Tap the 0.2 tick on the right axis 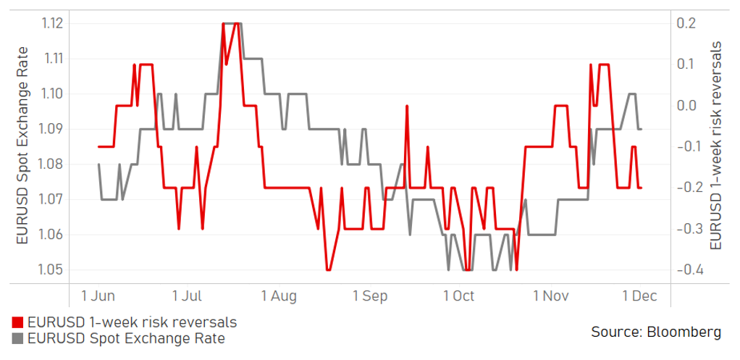(687, 24)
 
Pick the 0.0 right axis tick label (687, 106)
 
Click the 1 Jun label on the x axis (98, 296)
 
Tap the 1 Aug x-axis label (279, 296)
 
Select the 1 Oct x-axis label (458, 296)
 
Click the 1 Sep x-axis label (369, 296)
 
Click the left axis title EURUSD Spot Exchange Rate (23, 145)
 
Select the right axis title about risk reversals (717, 146)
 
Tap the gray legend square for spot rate (17, 339)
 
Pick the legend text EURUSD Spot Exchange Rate (126, 339)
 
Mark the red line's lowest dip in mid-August (328, 270)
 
